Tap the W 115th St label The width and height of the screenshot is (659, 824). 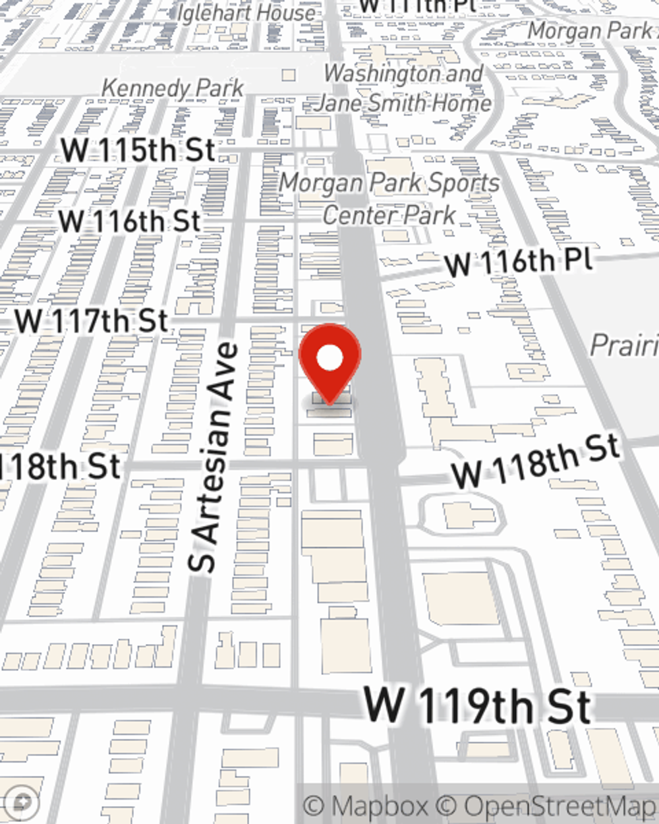[x=138, y=150]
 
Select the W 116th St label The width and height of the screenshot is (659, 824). [x=129, y=221]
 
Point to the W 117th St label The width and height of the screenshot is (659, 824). [x=92, y=322]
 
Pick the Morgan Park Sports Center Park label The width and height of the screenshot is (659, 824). [x=389, y=198]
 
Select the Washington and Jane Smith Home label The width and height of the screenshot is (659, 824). [x=403, y=88]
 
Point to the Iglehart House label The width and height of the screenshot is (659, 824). [x=245, y=12]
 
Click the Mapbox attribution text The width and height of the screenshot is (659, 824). [x=366, y=806]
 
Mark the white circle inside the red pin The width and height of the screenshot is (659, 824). [x=329, y=359]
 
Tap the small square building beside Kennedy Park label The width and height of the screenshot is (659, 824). [x=289, y=75]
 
